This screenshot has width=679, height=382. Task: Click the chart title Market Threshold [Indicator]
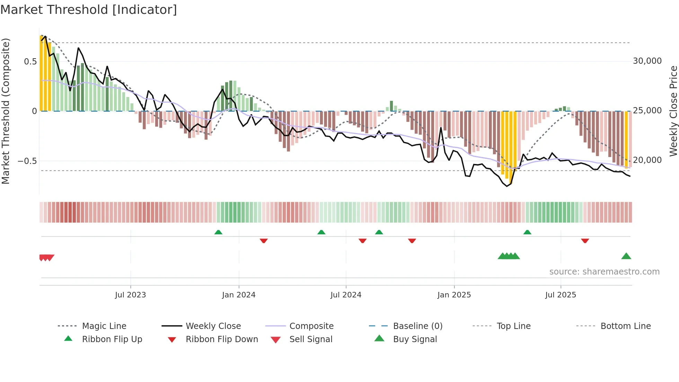click(x=89, y=10)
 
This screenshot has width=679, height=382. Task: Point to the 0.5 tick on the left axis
click(x=30, y=62)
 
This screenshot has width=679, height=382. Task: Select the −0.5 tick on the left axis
click(x=27, y=161)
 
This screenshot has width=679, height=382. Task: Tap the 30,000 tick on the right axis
click(x=647, y=61)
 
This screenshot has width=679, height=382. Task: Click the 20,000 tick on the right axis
click(x=647, y=160)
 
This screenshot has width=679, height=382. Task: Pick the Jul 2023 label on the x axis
click(x=130, y=295)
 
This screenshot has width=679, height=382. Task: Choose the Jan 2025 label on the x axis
click(x=454, y=295)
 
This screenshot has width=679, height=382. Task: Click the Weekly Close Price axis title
click(x=673, y=111)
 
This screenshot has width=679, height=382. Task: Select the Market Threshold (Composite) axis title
click(x=6, y=111)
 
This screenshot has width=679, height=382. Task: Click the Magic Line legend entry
click(x=104, y=326)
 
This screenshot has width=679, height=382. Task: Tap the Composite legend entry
click(x=311, y=326)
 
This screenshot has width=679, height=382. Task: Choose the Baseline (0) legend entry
click(x=417, y=326)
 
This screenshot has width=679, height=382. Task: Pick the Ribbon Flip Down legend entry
click(x=222, y=339)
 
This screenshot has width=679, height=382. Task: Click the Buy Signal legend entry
click(x=415, y=339)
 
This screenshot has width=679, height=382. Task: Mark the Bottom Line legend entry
click(x=625, y=326)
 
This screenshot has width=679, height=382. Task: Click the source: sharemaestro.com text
click(x=604, y=272)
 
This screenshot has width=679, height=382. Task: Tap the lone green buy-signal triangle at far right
click(x=626, y=257)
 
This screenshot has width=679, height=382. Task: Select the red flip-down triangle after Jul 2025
click(x=585, y=241)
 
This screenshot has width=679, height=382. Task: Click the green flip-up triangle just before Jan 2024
click(x=218, y=232)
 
